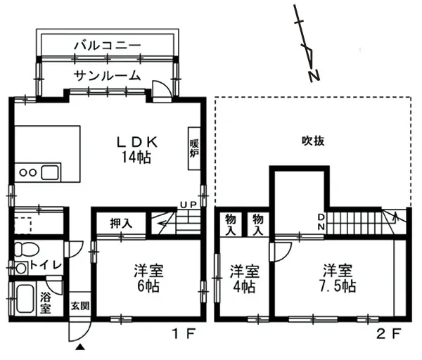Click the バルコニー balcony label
coord(108,46)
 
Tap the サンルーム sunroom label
coord(108,76)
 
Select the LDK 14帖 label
coord(137,150)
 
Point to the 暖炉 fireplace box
coord(194,148)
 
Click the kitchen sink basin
coord(50,172)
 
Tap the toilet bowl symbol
coord(26,249)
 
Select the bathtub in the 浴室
coord(25,299)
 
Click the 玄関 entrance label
coord(80,306)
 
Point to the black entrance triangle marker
coord(80,347)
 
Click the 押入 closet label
coord(121,223)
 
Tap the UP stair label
coord(188,205)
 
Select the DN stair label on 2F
coord(321,221)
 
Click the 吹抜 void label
coord(313,141)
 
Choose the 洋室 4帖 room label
coord(244,278)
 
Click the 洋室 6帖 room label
coord(148,278)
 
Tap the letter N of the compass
coord(314,76)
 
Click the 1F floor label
coord(184,335)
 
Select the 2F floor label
coord(389,334)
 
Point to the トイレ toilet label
coord(46,265)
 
